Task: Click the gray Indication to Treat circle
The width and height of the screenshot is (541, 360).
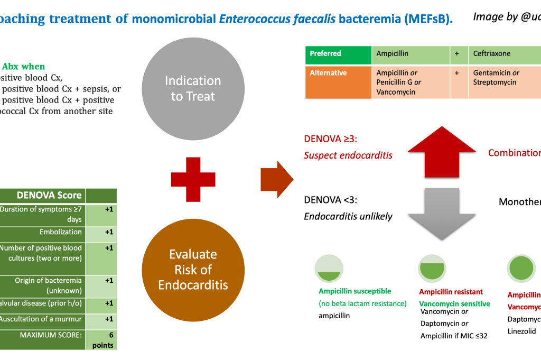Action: (193, 88)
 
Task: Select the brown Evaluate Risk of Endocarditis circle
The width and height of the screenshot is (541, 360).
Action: (193, 270)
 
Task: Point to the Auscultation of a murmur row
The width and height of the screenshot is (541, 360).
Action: (42, 319)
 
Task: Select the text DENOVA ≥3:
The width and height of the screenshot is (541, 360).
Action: (327, 140)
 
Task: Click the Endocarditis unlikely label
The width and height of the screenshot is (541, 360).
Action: (348, 216)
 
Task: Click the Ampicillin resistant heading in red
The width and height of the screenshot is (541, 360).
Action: (451, 292)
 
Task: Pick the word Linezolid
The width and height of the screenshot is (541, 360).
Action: (522, 331)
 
